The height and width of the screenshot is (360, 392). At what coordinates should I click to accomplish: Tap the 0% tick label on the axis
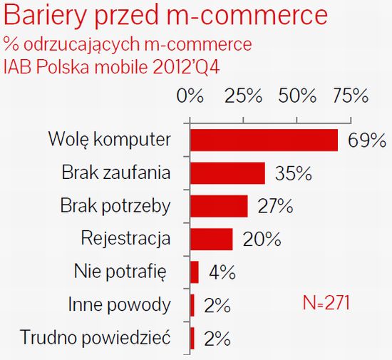(x=190, y=96)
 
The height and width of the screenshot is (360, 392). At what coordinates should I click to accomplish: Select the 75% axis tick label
(x=350, y=96)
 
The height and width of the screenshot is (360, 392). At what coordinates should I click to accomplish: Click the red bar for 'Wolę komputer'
(x=264, y=140)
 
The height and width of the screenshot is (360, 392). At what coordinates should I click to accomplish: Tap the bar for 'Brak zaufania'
(x=227, y=173)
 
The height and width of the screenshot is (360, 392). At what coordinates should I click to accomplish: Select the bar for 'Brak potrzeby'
(x=219, y=206)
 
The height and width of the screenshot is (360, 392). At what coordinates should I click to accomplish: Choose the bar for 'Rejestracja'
(x=212, y=239)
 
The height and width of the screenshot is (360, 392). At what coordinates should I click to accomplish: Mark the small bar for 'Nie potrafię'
(x=195, y=272)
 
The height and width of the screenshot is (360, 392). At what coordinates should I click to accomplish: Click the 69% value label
(x=366, y=140)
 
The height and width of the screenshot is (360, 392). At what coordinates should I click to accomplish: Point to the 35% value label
(x=292, y=173)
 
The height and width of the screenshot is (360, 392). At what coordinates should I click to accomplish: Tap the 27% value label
(x=275, y=206)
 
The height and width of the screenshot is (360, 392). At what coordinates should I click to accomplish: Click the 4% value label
(x=222, y=272)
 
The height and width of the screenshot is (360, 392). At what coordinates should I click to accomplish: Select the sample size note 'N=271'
(x=322, y=302)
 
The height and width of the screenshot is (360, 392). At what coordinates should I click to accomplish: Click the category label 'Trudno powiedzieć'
(x=96, y=337)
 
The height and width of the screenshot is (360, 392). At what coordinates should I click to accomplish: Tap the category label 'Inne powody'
(x=119, y=305)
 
